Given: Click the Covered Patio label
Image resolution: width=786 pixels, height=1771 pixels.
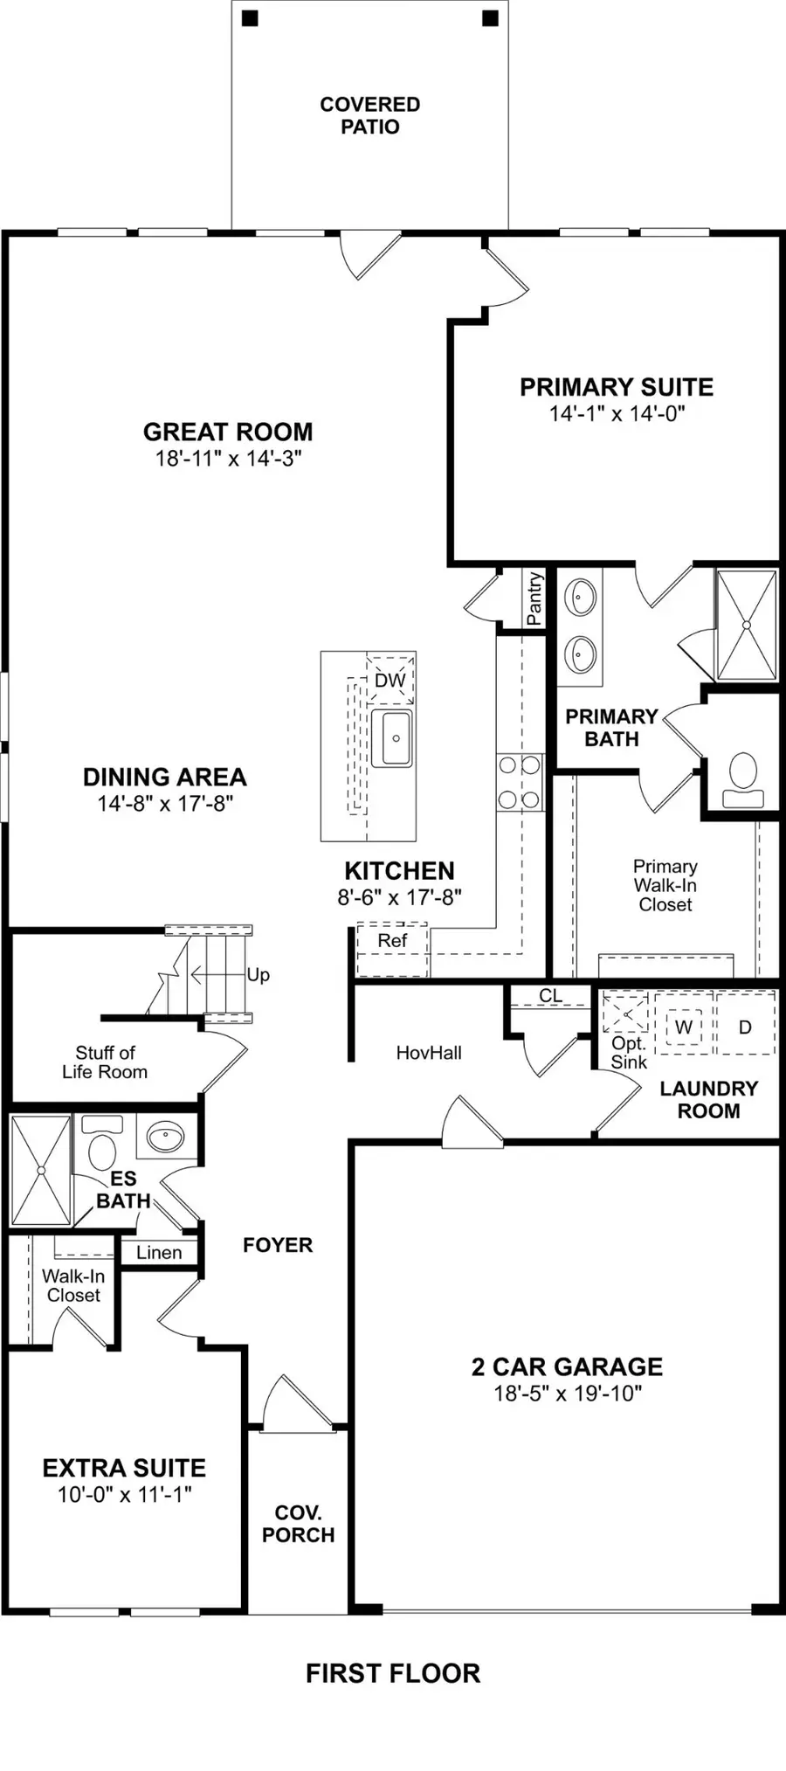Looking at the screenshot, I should (x=369, y=115).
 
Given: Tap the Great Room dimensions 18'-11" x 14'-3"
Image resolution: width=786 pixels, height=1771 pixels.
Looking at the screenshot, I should (x=229, y=458).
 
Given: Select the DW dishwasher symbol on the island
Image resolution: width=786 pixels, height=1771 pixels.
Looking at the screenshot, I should (x=390, y=680).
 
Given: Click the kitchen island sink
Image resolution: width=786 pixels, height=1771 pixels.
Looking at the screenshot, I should (x=392, y=738).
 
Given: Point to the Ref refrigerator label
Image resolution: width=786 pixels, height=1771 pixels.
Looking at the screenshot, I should (x=392, y=941).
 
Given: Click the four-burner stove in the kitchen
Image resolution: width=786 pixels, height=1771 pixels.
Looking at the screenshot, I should (x=520, y=783).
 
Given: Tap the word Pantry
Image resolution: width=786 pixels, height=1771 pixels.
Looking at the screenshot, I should (x=534, y=598).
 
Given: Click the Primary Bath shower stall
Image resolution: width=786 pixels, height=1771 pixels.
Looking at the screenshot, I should (x=746, y=624).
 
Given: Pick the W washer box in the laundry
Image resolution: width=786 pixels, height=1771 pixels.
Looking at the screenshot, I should (x=684, y=1027).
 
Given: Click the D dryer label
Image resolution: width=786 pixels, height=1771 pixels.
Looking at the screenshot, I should (x=745, y=1027).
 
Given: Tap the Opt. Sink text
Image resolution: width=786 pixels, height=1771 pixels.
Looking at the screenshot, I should (x=629, y=1053).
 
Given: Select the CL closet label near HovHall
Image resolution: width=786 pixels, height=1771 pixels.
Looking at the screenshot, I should (x=550, y=996).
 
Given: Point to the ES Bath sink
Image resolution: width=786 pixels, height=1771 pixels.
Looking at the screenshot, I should (x=166, y=1137).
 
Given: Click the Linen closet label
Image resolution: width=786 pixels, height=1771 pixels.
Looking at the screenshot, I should (x=159, y=1253).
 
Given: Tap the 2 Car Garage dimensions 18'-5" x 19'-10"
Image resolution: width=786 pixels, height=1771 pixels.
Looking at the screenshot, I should (x=568, y=1394).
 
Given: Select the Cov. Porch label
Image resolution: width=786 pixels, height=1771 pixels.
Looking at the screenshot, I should (x=298, y=1524).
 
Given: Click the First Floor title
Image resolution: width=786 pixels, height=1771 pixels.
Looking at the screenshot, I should (x=393, y=1673).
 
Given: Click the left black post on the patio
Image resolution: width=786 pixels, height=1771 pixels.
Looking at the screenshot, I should (x=251, y=17).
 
